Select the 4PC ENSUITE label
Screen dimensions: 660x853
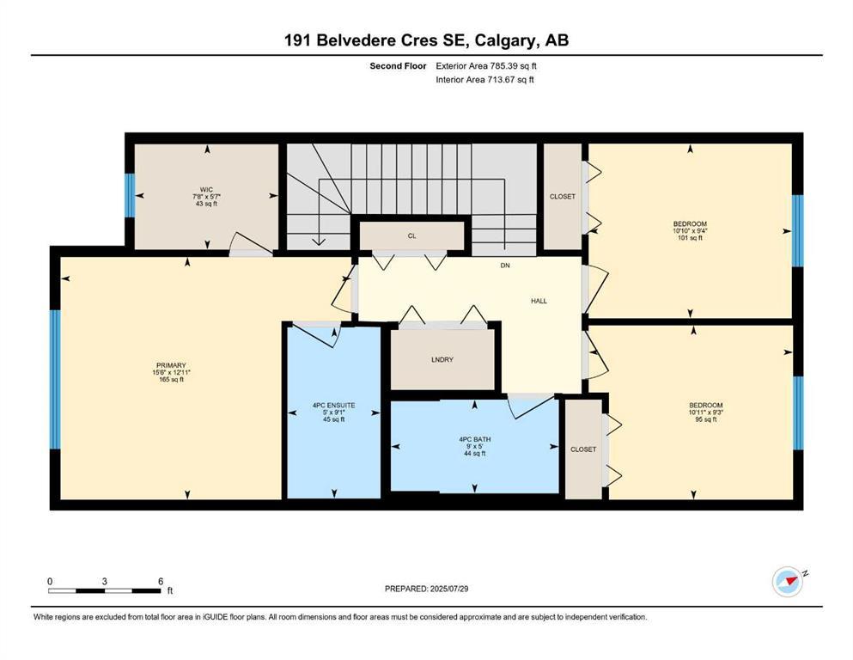coord(332,404)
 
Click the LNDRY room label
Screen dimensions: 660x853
coord(442,359)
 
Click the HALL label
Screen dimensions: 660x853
coord(539,301)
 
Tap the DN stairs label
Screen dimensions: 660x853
coord(506,266)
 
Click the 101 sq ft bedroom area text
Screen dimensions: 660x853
coord(689,238)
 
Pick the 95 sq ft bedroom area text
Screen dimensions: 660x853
coord(705,421)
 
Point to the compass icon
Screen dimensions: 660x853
coord(787,582)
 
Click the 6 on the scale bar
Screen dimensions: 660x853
coord(161,582)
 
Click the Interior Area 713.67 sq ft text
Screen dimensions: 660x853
coord(485,80)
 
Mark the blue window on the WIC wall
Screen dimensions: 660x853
coord(130,196)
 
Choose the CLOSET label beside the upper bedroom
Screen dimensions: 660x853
coord(562,197)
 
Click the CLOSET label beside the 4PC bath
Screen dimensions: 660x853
coord(583,449)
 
